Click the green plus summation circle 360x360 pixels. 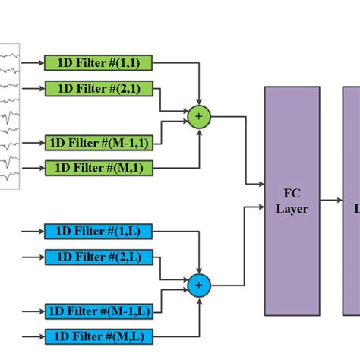[199, 116]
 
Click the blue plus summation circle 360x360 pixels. [199, 285]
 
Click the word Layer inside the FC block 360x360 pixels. [292, 208]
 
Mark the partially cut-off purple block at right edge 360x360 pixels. [352, 201]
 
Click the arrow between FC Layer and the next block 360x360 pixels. [331, 201]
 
